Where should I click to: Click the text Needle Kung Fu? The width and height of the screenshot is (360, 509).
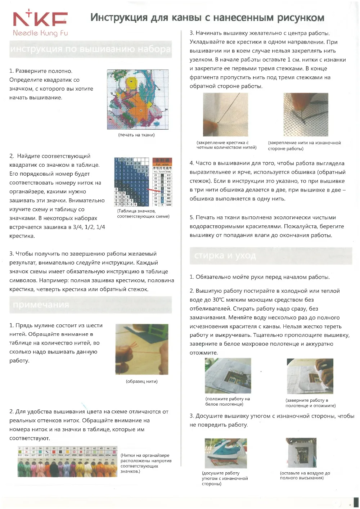coord(40,33)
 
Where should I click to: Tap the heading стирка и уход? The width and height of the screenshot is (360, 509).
coord(225,256)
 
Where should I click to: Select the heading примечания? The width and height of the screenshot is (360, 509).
coord(41,305)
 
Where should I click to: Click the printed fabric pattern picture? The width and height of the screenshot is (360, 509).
coord(138,100)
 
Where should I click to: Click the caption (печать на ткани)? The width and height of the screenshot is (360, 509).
coord(136,135)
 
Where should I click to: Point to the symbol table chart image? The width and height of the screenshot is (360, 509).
coord(143,182)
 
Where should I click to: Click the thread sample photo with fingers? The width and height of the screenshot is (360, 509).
coord(141,349)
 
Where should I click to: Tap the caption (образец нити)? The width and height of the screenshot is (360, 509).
coord(141,382)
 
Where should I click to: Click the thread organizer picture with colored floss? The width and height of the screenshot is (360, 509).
coord(67,462)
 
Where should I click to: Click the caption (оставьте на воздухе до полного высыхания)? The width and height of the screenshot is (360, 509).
coord(305,476)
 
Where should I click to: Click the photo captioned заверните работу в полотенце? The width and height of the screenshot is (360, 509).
coord(310,376)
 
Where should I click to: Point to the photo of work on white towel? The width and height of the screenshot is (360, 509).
coord(228,375)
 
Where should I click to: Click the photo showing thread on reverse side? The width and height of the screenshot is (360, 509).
coord(306,114)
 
